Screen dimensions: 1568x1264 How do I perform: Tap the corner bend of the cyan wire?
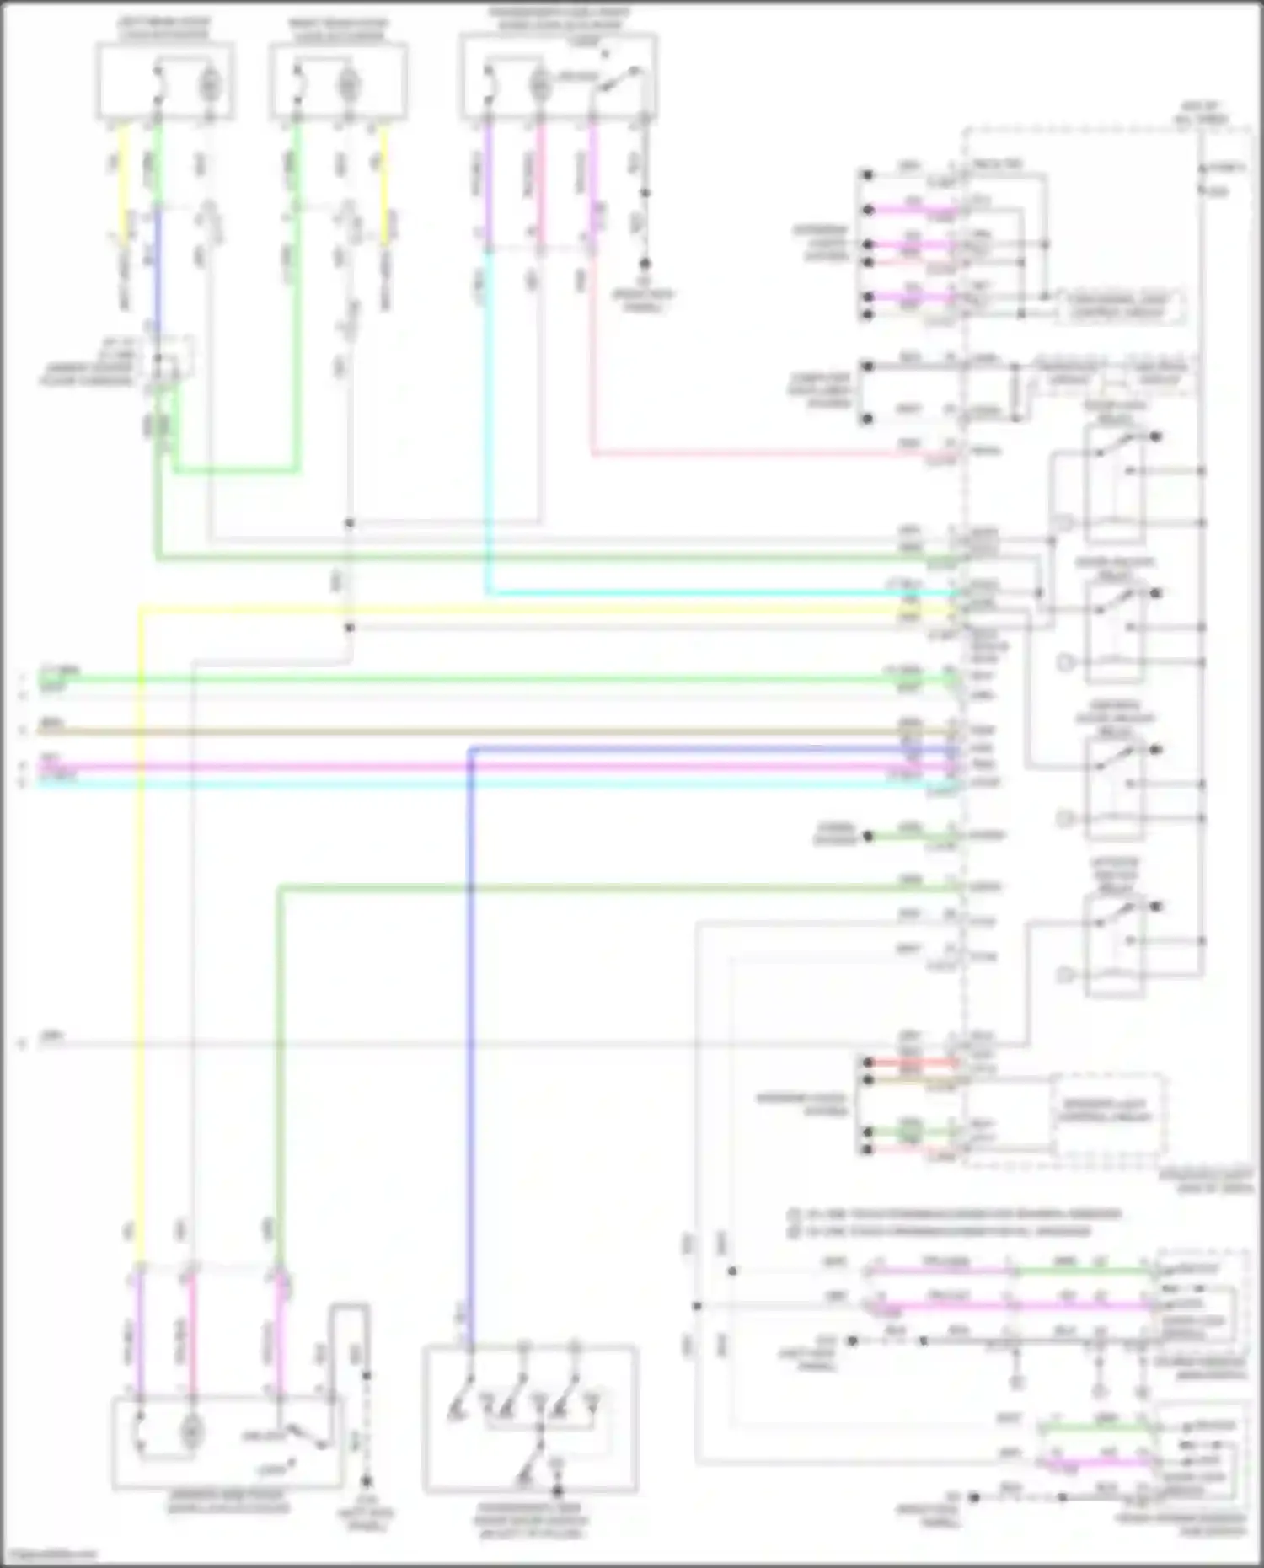pos(487,593)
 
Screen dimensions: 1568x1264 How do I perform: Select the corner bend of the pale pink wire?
pos(593,454)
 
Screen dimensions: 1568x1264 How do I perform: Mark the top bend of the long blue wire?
pos(470,748)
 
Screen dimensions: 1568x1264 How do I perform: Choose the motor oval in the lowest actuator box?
pos(191,1430)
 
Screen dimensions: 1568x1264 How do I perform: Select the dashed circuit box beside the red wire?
pos(1108,1112)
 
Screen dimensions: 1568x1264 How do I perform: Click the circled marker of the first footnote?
pos(793,1214)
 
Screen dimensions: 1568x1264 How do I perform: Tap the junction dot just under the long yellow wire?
pos(349,628)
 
